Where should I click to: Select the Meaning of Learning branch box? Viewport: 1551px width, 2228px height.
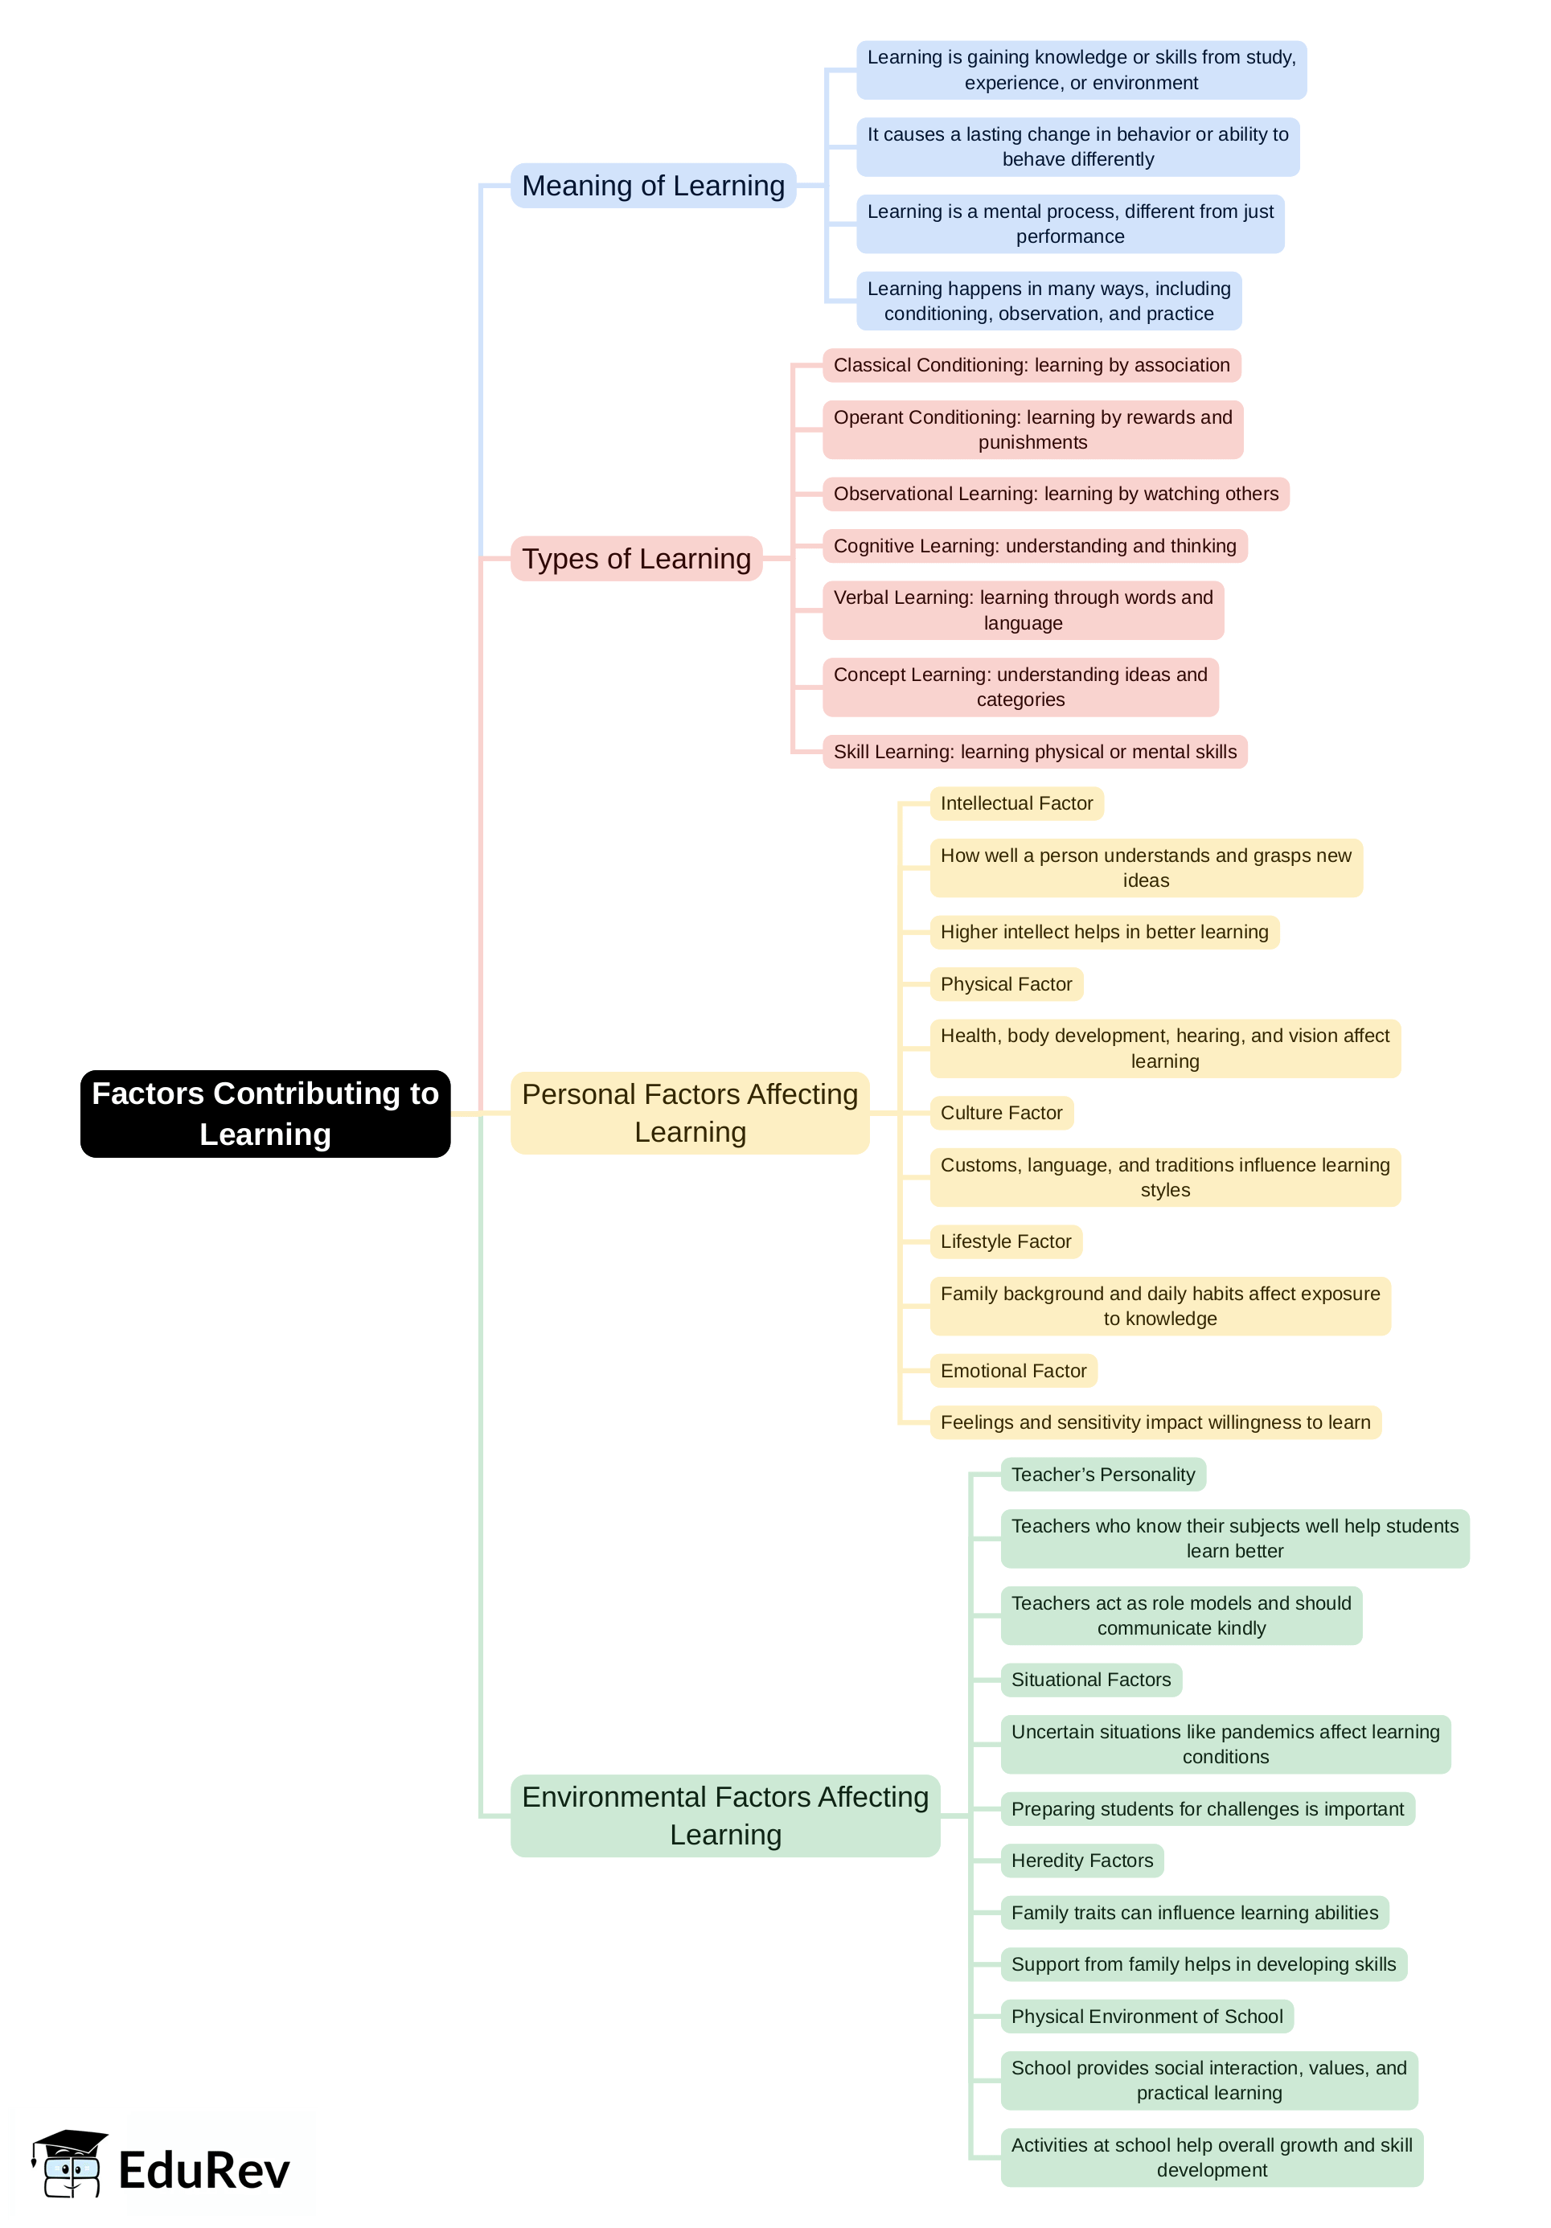pyautogui.click(x=653, y=186)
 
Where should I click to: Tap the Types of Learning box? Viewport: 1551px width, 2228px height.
pyautogui.click(x=637, y=558)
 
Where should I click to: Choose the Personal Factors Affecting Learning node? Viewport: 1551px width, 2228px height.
pyautogui.click(x=690, y=1113)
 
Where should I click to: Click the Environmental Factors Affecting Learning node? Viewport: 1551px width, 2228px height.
pyautogui.click(x=725, y=1816)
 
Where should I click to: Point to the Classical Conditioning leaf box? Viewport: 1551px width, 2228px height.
pyautogui.click(x=1031, y=365)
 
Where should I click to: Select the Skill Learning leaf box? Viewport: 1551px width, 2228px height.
pyautogui.click(x=1035, y=751)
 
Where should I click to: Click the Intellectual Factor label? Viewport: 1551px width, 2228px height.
pyautogui.click(x=1016, y=802)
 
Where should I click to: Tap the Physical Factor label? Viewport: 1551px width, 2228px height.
pyautogui.click(x=1006, y=984)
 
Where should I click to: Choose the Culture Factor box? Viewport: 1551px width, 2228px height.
pyautogui.click(x=1001, y=1112)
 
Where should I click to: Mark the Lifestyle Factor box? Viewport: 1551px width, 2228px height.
pyautogui.click(x=1006, y=1241)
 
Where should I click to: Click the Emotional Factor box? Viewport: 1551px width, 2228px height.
pyautogui.click(x=1013, y=1370)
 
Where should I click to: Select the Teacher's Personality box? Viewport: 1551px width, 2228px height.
pyautogui.click(x=1102, y=1474)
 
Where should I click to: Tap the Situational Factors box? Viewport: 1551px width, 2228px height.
pyautogui.click(x=1091, y=1680)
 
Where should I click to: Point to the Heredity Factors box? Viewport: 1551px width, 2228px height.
pyautogui.click(x=1081, y=1861)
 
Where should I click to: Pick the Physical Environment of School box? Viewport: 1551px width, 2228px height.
pyautogui.click(x=1147, y=2017)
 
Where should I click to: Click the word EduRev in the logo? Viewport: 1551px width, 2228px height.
pyautogui.click(x=203, y=2171)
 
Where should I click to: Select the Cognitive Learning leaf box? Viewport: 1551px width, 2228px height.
pyautogui.click(x=1035, y=545)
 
